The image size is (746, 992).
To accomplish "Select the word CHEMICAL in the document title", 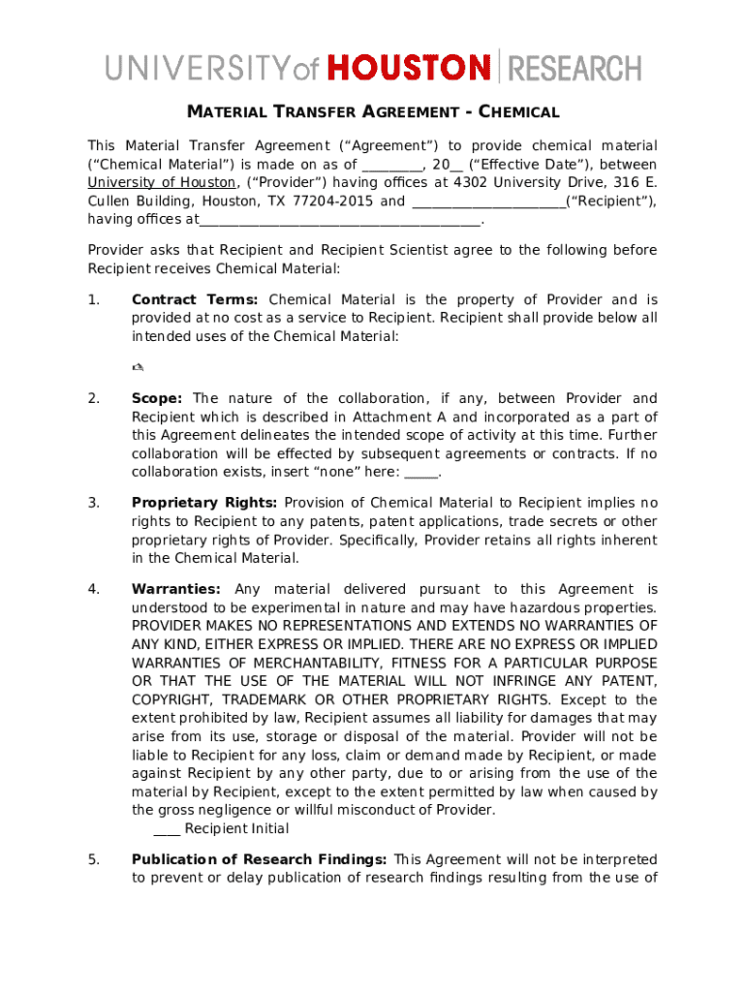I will pos(520,112).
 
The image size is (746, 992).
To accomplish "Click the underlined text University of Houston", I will pos(162,182).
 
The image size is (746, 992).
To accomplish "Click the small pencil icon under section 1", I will pos(138,366).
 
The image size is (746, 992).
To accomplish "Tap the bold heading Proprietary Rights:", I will pos(204,502).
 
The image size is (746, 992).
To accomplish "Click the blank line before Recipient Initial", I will pos(167,828).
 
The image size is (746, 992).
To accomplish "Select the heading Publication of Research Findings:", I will pos(260,859).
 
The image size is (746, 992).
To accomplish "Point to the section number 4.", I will pos(93,589).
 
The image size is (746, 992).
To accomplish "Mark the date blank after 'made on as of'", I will pos(390,164).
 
